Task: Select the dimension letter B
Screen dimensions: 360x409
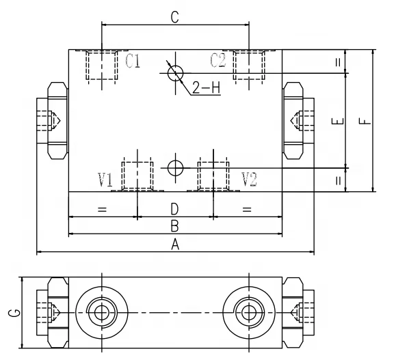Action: (x=174, y=225)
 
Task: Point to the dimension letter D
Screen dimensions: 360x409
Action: (x=174, y=208)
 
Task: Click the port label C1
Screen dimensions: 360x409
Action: (x=133, y=61)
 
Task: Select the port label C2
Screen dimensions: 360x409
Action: (x=218, y=61)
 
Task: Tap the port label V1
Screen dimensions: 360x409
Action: (x=105, y=180)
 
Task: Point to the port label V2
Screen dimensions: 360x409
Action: (x=250, y=180)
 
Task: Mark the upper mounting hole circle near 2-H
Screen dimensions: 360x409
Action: (x=175, y=71)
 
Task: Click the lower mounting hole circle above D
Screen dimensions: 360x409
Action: (x=175, y=167)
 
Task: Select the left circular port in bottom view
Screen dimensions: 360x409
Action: (x=102, y=313)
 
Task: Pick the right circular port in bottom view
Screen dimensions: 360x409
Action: (x=248, y=313)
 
